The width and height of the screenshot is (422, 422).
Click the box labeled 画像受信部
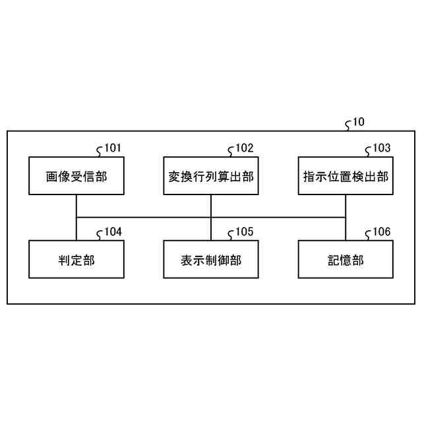[x=76, y=175]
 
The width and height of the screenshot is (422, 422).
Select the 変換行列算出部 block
[x=211, y=175]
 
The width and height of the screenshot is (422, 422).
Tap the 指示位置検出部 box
[x=346, y=175]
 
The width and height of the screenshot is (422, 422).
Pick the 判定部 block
[x=76, y=259]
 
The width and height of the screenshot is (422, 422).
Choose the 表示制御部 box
[x=211, y=259]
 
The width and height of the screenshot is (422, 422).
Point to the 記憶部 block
[x=346, y=259]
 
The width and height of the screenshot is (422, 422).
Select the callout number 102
[x=244, y=148]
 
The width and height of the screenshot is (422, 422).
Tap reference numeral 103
[x=381, y=148]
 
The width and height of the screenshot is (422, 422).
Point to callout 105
[x=244, y=232]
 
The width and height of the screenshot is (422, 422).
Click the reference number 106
[x=381, y=232]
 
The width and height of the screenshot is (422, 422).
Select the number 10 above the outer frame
[x=358, y=122]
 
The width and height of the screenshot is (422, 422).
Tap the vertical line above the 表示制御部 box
[x=211, y=229]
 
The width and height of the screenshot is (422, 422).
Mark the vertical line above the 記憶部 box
[x=346, y=229]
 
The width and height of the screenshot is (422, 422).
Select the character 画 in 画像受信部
[x=51, y=176]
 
